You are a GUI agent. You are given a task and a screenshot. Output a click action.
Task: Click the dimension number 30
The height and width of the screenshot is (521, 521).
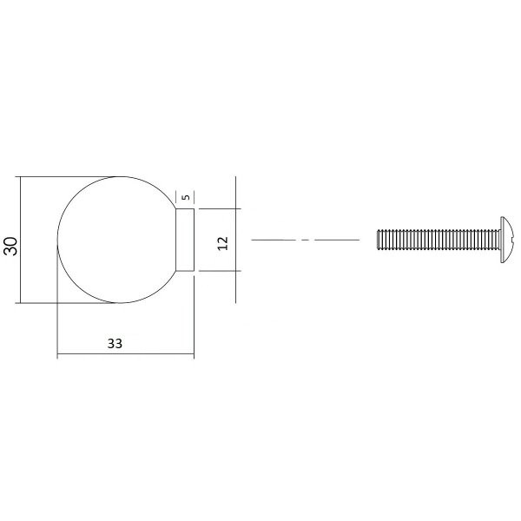[x=10, y=246]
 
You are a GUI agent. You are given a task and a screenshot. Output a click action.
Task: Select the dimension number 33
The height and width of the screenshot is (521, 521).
[x=115, y=344]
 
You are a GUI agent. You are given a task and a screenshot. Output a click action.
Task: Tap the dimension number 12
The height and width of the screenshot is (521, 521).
[x=223, y=243]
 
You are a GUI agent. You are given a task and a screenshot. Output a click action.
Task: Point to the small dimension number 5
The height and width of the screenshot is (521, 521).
[x=187, y=197]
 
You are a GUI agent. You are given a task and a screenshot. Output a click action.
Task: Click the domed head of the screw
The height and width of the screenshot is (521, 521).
[x=507, y=240]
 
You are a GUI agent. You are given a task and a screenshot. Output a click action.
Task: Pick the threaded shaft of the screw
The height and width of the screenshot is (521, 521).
[x=439, y=240]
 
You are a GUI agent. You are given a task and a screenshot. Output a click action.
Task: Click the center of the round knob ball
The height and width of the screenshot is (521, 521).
[x=119, y=240]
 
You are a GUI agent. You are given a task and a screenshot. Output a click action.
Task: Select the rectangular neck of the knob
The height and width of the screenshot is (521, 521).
[x=185, y=240]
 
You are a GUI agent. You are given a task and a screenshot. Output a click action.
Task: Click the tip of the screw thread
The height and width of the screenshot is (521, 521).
[x=378, y=240]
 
